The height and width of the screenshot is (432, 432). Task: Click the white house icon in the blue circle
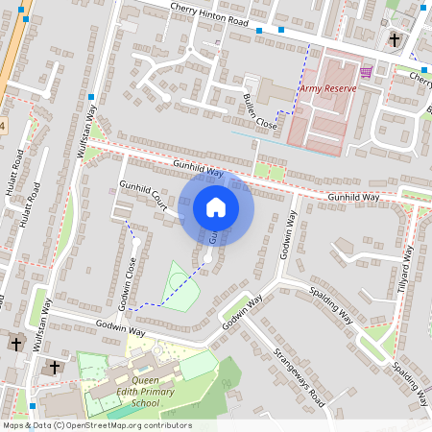(x=216, y=207)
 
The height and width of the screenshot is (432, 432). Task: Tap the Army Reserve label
(x=327, y=88)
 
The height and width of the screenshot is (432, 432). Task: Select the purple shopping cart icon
(x=366, y=72)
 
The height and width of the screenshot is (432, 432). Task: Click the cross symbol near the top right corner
(x=394, y=39)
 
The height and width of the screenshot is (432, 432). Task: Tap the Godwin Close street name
(x=124, y=276)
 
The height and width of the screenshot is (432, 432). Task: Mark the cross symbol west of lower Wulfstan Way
(x=15, y=343)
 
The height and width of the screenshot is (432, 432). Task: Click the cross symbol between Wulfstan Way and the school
(x=54, y=367)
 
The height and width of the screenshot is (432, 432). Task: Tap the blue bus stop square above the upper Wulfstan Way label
(x=91, y=98)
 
